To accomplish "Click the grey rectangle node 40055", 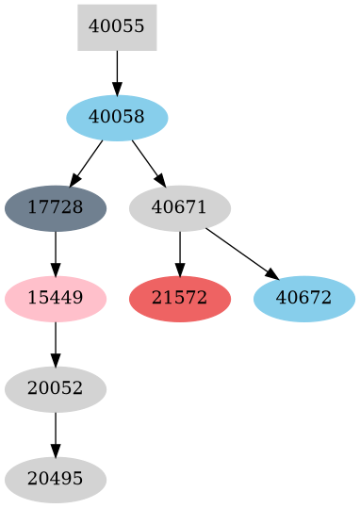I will (117, 27).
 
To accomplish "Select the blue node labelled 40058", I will (117, 118).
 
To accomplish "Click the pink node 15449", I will (56, 299).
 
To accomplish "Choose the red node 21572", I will (180, 299).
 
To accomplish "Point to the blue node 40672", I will (304, 299).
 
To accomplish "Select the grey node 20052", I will (56, 389).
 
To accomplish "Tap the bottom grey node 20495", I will (56, 480).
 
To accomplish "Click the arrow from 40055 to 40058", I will (117, 72).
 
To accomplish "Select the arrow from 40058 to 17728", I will (87, 162).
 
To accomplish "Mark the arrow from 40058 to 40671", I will (148, 162).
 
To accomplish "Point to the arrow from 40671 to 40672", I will (241, 253).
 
